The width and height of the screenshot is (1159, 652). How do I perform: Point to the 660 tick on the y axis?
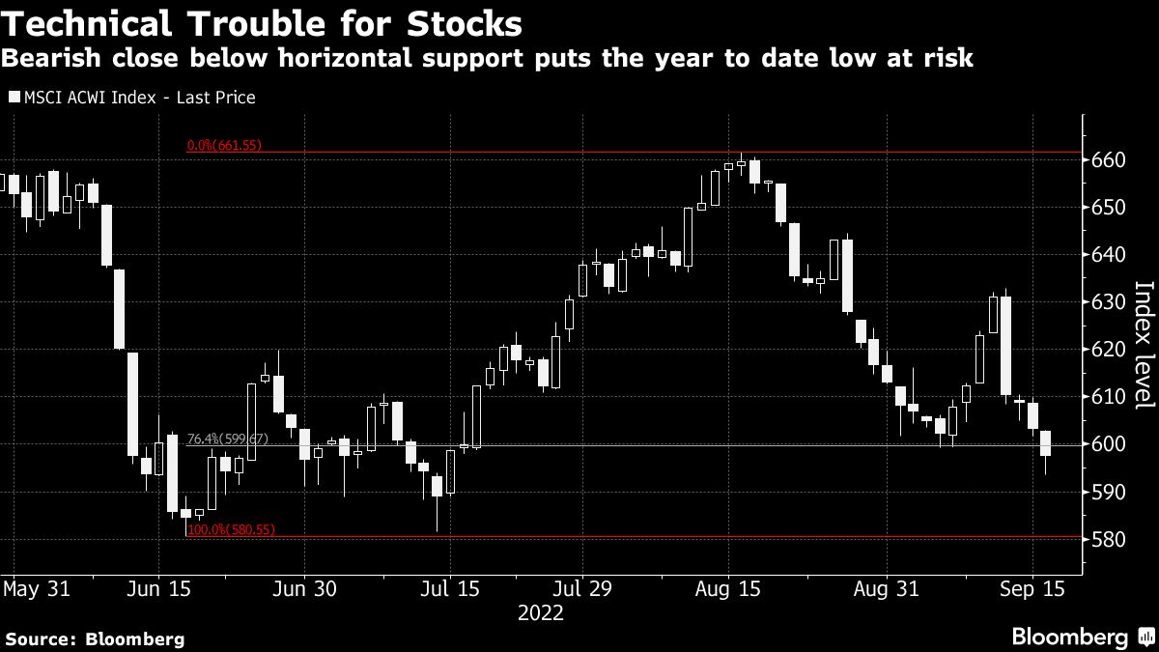[1109, 160]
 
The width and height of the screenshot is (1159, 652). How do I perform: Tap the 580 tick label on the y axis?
[1109, 539]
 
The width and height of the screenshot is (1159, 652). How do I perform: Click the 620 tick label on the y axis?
[1109, 350]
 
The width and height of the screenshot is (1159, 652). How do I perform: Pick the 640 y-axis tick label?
[1109, 255]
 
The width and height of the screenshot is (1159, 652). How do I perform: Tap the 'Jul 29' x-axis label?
[582, 588]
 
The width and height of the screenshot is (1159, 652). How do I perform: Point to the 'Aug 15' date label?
[730, 588]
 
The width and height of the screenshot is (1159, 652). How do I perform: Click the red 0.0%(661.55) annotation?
[224, 146]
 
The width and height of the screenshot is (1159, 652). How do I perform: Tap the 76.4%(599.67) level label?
[224, 439]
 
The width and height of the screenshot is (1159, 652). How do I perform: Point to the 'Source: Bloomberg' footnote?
[94, 638]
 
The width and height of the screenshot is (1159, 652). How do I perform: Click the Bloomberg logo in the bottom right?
[1081, 637]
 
